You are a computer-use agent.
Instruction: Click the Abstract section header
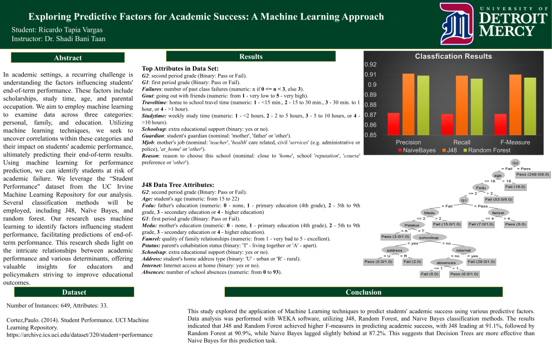pyautogui.click(x=68, y=58)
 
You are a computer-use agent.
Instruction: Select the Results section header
pyautogui.click(x=251, y=57)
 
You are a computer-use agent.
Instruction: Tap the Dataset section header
pyautogui.click(x=74, y=292)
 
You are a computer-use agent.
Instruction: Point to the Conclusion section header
pyautogui.click(x=363, y=292)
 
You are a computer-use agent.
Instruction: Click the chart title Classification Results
pyautogui.click(x=453, y=56)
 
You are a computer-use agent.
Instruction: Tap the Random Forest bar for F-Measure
pyautogui.click(x=530, y=106)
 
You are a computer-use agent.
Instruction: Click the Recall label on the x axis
pyautogui.click(x=461, y=142)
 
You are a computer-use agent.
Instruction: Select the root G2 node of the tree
pyautogui.click(x=515, y=162)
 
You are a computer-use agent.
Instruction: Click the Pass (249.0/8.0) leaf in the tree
pyautogui.click(x=533, y=174)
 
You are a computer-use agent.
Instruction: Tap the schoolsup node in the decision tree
pyautogui.click(x=429, y=237)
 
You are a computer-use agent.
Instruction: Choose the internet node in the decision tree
pyautogui.click(x=463, y=250)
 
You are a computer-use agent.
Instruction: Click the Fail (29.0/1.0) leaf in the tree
pyautogui.click(x=481, y=261)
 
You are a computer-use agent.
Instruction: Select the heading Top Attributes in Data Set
pyautogui.click(x=180, y=69)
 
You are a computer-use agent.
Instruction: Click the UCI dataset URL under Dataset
pyautogui.click(x=79, y=335)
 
